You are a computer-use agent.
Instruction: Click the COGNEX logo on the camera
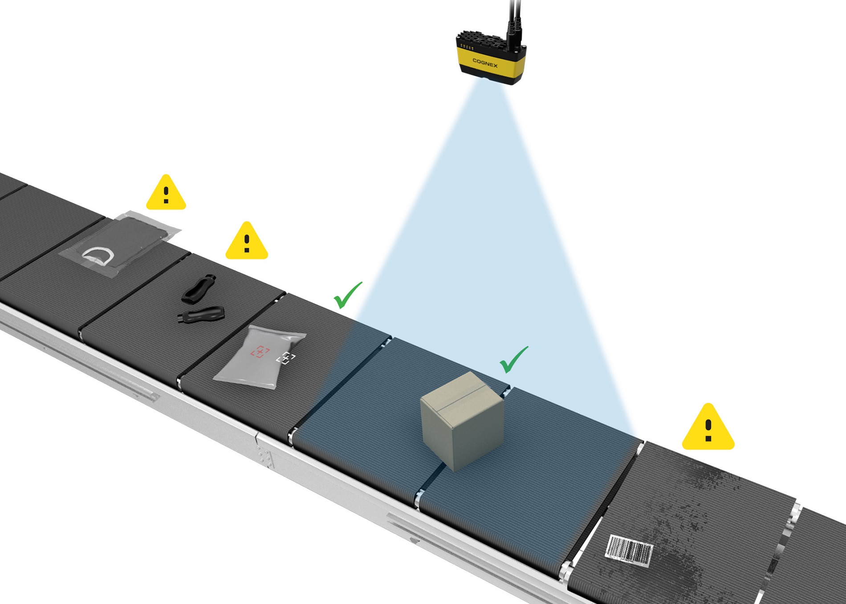[x=485, y=63]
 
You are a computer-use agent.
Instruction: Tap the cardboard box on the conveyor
[x=462, y=421]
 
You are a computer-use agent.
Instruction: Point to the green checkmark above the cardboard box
[x=513, y=360]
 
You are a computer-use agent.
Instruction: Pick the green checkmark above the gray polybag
[x=347, y=295]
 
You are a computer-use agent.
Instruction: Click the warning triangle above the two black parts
[x=247, y=242]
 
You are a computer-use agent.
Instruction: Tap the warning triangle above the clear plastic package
[x=166, y=194]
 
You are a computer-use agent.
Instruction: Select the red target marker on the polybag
[x=260, y=352]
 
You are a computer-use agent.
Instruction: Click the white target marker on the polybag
[x=286, y=358]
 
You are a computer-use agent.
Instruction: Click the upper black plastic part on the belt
[x=199, y=289]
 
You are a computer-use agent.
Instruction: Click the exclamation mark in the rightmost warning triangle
[x=708, y=430]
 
